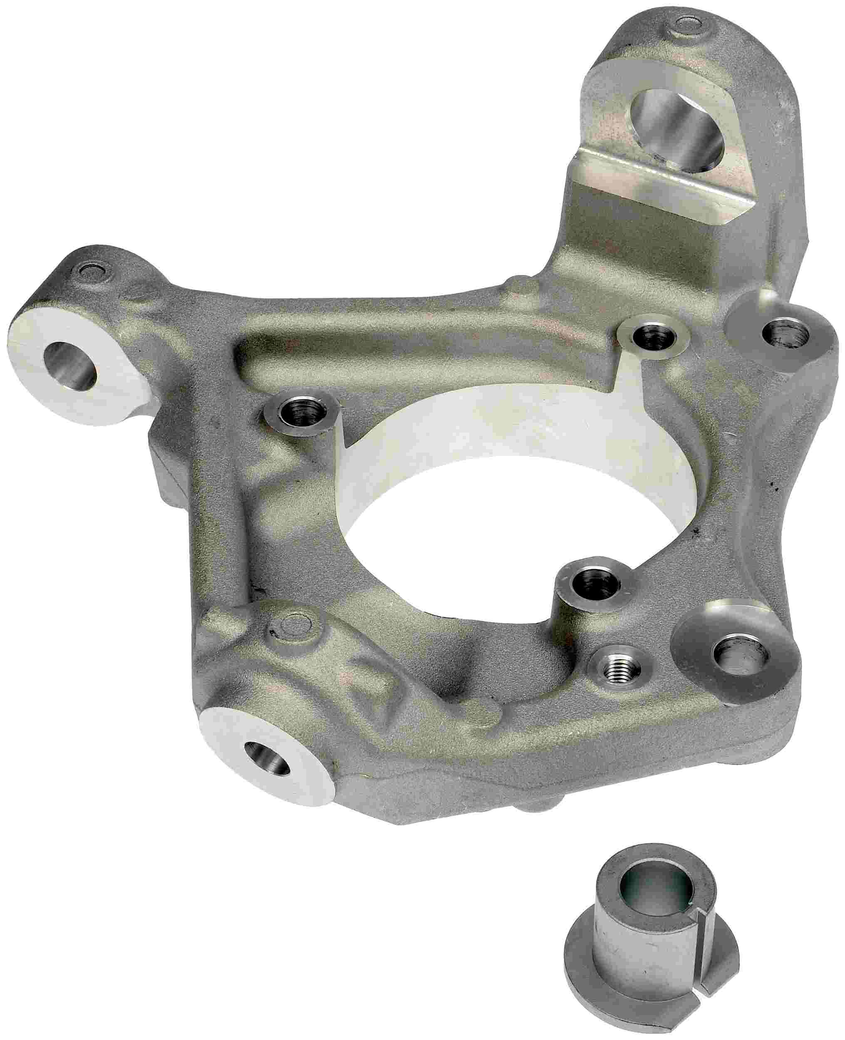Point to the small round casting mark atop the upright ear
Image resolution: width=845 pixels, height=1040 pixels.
tap(686, 23)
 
